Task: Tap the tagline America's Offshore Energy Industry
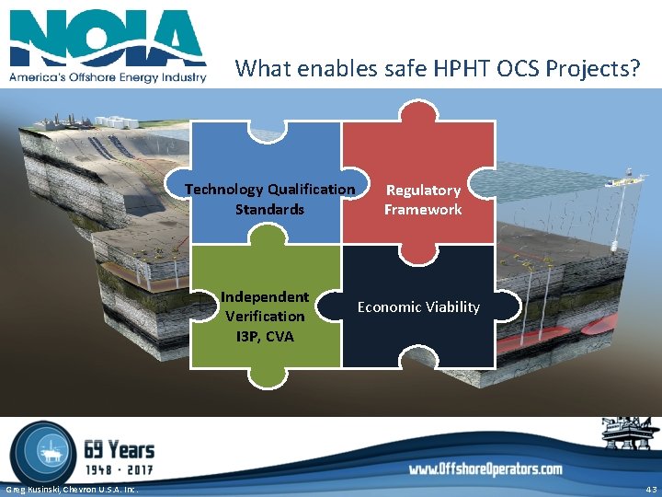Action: click(108, 77)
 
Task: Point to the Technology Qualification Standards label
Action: click(269, 199)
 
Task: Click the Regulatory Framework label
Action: click(423, 200)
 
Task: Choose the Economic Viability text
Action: click(418, 306)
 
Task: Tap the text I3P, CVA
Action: click(265, 336)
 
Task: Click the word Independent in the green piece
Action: click(265, 296)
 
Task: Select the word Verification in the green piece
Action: click(265, 316)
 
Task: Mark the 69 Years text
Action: click(119, 449)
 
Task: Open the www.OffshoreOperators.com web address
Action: click(485, 469)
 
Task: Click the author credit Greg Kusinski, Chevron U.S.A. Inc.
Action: click(72, 489)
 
